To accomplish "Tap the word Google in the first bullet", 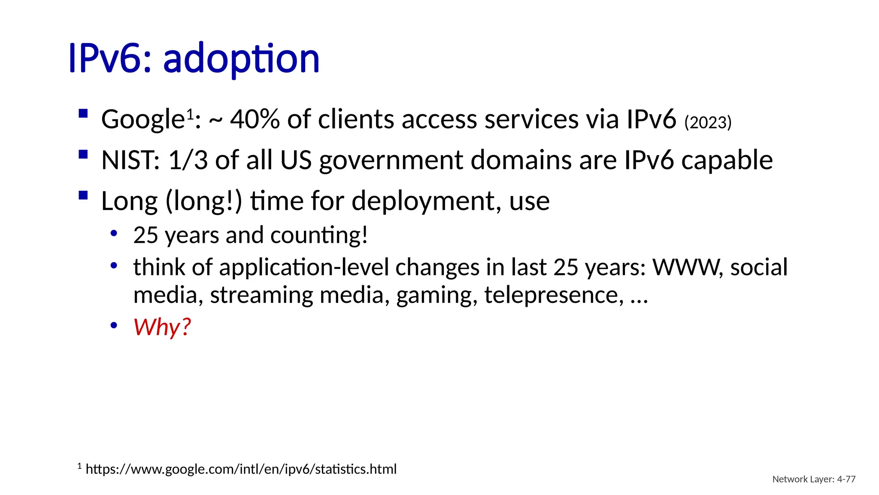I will (142, 119).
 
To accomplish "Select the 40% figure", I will (255, 119).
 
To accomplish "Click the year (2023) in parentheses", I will (708, 122).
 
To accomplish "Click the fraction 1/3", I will (188, 160).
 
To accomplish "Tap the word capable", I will (727, 160).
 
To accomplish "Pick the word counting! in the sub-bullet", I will (319, 235).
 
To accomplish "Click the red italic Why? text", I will (162, 327).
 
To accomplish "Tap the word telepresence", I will (554, 295).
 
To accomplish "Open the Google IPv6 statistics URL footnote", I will (241, 469).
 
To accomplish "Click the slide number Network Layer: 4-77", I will (814, 479).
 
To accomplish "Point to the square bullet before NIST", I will (83, 154).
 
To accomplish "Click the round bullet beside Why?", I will (114, 325).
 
